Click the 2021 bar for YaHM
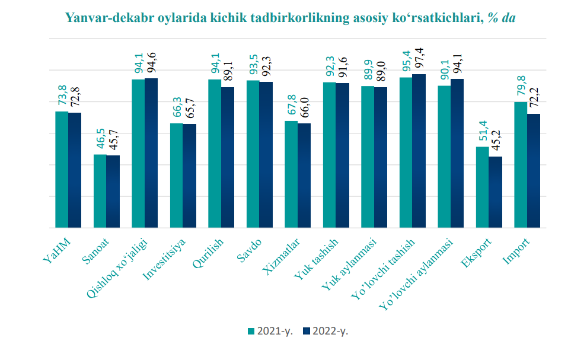tap(62, 169)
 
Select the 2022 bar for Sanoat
tap(113, 191)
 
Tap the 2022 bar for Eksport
tap(495, 192)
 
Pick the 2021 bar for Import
tap(520, 164)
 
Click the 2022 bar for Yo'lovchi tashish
tap(419, 151)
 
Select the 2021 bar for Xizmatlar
tap(291, 174)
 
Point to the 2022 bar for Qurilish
tap(228, 157)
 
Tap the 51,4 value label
tap(483, 132)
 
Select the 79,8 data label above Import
tap(521, 87)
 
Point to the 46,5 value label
tap(100, 140)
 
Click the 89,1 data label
tap(228, 72)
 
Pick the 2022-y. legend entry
tap(325, 331)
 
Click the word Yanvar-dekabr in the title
tap(110, 18)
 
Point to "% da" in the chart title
tap(500, 18)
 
